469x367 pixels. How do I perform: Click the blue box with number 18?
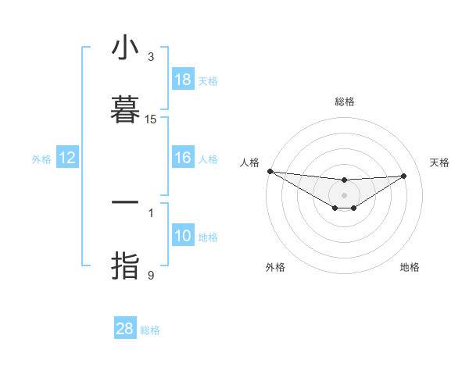(x=183, y=80)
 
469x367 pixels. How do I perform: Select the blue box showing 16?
(x=183, y=158)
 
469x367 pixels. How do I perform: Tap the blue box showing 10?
(x=183, y=236)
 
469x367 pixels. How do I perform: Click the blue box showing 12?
(x=67, y=158)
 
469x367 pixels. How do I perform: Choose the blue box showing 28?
(x=125, y=329)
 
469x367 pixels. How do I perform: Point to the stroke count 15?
(x=151, y=119)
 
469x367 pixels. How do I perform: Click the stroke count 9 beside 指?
(x=151, y=275)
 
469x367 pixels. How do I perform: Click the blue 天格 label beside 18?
(x=208, y=80)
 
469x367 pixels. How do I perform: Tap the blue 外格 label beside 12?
(x=41, y=159)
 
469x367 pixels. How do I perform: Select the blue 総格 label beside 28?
(x=150, y=330)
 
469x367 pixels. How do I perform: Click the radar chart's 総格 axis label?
(x=344, y=102)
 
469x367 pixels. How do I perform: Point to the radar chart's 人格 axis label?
(x=249, y=162)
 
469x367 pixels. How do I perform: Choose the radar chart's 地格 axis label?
(x=410, y=267)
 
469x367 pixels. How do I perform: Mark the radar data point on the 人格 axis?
(x=270, y=171)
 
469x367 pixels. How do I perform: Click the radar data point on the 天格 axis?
(x=404, y=176)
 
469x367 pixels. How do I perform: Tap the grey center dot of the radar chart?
(x=344, y=195)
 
